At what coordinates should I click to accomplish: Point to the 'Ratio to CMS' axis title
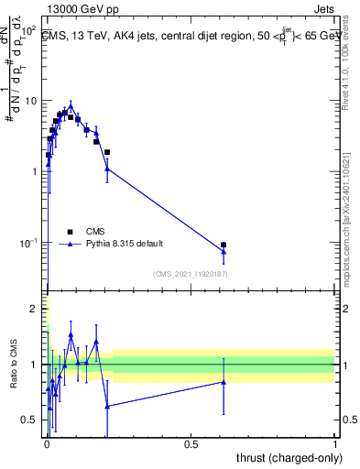pos(14,365)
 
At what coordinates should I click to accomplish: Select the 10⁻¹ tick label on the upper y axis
pos(29,243)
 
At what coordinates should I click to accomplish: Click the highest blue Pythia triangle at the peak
pos(71,106)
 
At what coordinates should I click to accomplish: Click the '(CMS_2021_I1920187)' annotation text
pos(190,273)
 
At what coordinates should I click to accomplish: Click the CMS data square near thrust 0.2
pos(107,152)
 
